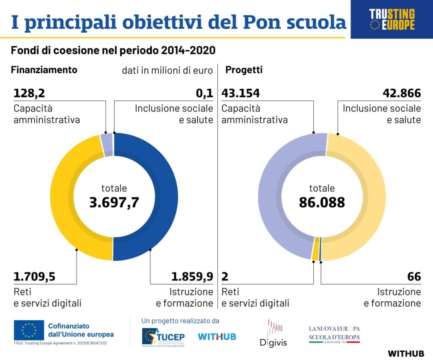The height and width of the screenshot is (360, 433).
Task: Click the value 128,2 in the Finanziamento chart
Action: coord(29,93)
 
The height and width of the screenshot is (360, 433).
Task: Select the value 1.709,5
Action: coord(34,277)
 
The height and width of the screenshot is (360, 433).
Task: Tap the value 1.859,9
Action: coord(192,277)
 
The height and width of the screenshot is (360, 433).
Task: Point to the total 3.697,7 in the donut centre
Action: coord(114,202)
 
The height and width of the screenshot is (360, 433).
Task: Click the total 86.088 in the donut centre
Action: coord(322,202)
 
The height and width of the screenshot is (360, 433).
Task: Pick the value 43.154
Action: coord(241,93)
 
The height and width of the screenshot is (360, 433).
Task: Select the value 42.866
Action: coord(402,93)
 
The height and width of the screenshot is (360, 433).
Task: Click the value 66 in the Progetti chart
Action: coord(414,277)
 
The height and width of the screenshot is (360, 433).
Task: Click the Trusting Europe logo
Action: coord(392,19)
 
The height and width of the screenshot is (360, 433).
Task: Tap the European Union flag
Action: coord(29,330)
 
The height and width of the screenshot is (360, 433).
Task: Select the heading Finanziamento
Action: coord(44,70)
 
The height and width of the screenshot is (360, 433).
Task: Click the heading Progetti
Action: coord(244,70)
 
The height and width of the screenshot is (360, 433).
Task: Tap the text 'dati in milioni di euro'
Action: coord(167,71)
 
